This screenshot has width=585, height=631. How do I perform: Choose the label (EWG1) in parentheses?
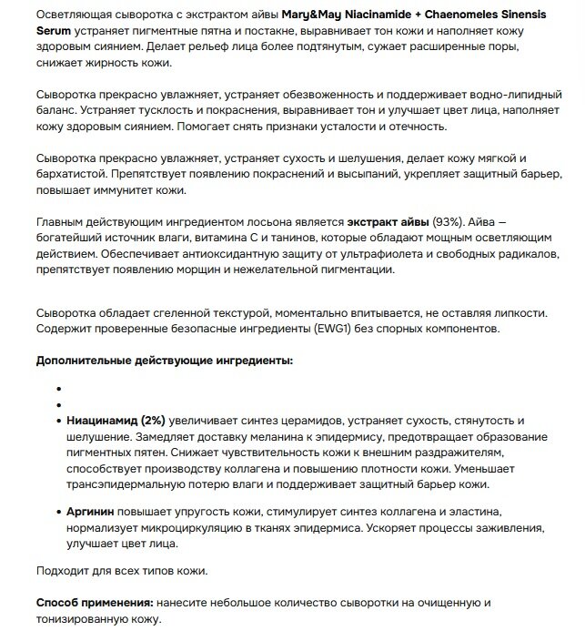click(x=358, y=328)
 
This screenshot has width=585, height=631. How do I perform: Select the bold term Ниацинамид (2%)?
click(x=116, y=421)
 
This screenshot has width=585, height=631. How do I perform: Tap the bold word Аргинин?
click(x=95, y=513)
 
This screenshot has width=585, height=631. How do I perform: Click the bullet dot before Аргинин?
click(x=58, y=513)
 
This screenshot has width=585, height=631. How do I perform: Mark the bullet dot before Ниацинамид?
click(x=58, y=421)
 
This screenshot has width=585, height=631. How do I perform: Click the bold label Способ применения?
click(x=94, y=603)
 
